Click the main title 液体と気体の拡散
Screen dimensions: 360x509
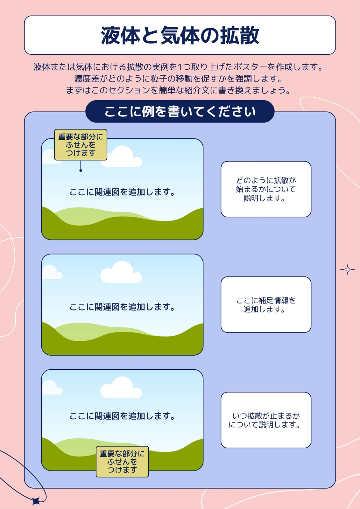[180, 35]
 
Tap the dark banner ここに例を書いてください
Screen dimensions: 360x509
[180, 111]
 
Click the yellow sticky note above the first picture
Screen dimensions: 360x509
[81, 145]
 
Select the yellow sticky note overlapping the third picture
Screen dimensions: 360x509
[122, 462]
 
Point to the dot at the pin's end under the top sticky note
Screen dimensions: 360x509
[81, 171]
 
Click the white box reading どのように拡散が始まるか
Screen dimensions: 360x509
[266, 189]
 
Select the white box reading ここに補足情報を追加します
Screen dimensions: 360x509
[266, 304]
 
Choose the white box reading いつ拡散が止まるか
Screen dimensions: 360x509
[266, 420]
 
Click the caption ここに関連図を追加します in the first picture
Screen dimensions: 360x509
[122, 192]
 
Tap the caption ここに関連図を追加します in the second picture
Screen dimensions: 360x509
[122, 307]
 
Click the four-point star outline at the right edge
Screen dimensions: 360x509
[348, 269]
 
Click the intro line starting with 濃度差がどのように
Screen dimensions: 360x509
[178, 79]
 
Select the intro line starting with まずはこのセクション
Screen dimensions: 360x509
[178, 90]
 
